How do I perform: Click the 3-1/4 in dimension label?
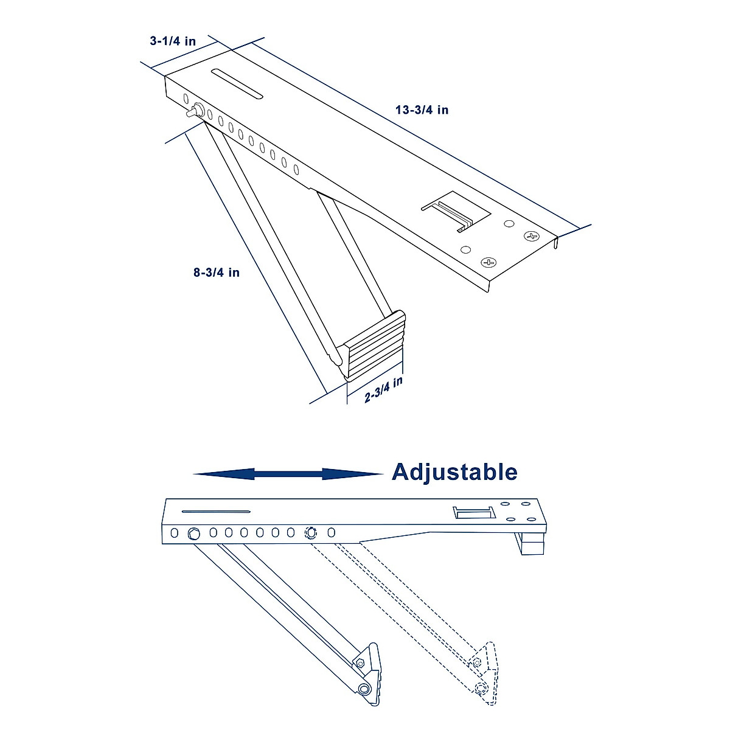(173, 41)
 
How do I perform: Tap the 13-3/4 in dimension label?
(422, 110)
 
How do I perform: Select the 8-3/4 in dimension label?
(217, 273)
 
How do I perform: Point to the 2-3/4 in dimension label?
(384, 390)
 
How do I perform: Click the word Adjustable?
(454, 472)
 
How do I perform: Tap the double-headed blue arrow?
(288, 474)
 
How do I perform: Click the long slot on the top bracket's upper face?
(237, 83)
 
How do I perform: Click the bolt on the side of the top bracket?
(195, 112)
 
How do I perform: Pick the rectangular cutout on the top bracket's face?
(456, 210)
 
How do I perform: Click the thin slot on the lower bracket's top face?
(216, 512)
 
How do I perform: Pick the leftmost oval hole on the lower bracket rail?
(175, 533)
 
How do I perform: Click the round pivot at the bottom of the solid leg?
(364, 689)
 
